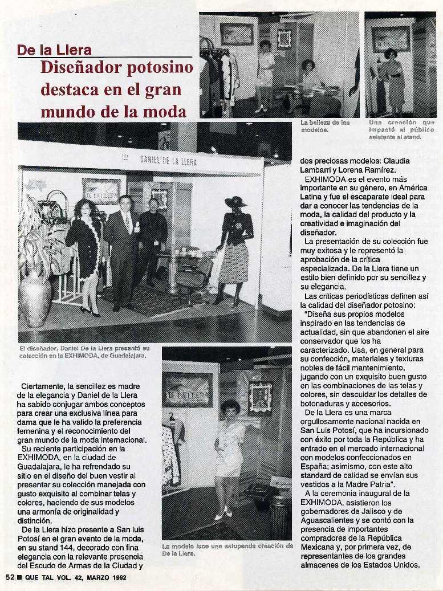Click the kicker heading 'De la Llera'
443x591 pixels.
pyautogui.click(x=54, y=50)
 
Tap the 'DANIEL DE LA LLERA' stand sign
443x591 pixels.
pyautogui.click(x=168, y=161)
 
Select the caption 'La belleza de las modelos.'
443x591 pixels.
pyautogui.click(x=325, y=126)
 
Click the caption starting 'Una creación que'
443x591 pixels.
pyautogui.click(x=401, y=129)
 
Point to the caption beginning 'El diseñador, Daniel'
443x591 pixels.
pyautogui.click(x=84, y=351)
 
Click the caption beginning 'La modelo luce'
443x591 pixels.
pyautogui.click(x=227, y=549)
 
